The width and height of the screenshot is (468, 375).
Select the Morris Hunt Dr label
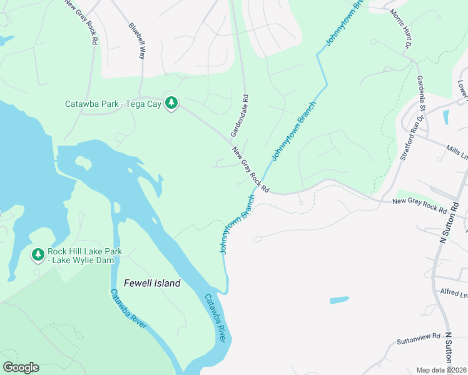401,29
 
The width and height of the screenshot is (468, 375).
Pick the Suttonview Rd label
419,339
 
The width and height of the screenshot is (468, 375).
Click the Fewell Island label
151,283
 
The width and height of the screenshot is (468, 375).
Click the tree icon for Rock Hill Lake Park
38,254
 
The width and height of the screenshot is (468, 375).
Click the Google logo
21,367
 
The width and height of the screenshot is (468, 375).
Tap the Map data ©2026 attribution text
442,370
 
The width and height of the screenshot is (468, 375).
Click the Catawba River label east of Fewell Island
215,318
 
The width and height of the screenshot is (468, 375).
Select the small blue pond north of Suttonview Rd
339,300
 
